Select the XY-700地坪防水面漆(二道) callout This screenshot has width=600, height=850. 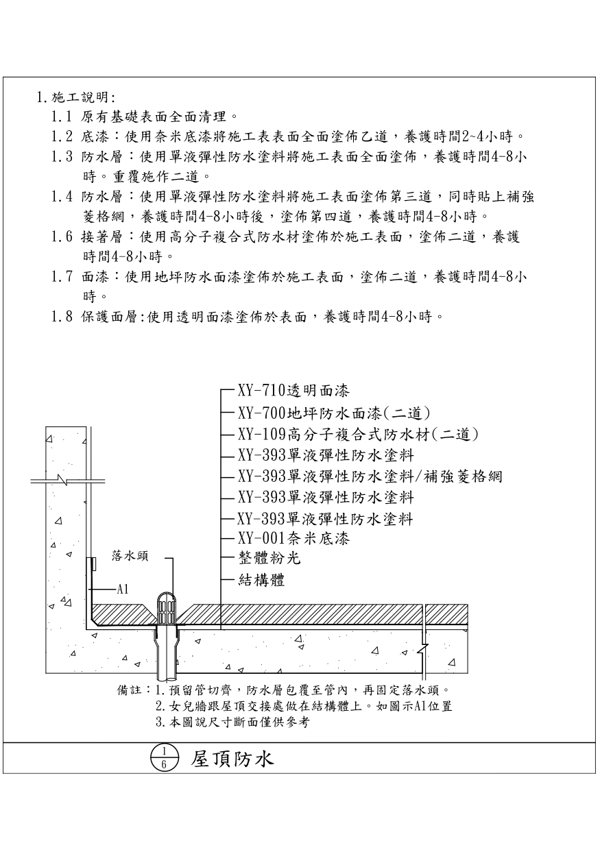click(333, 413)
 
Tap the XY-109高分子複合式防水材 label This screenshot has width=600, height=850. click(357, 434)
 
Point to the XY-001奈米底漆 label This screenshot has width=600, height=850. click(293, 539)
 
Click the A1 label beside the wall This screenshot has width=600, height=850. click(123, 588)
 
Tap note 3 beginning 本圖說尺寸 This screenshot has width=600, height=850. click(233, 722)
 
